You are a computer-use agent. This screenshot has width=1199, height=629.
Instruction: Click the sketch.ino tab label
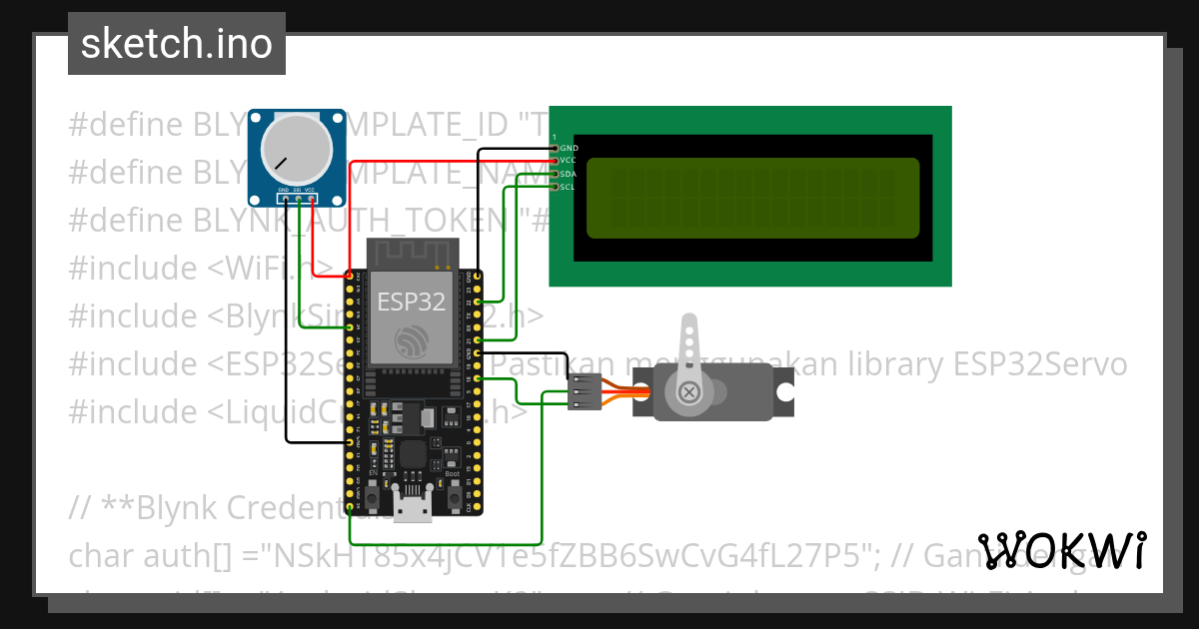[177, 44]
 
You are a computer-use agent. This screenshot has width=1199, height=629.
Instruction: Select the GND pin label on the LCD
[569, 148]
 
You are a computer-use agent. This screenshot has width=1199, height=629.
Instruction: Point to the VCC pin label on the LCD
[568, 161]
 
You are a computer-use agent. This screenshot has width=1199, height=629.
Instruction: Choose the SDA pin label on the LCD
[568, 174]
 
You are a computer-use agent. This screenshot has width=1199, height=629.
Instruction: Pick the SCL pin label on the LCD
[568, 187]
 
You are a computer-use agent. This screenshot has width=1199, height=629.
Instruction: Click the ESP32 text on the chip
[411, 303]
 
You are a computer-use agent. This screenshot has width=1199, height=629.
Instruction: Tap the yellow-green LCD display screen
[751, 198]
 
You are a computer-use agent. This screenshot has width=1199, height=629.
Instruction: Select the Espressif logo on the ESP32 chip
[411, 342]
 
